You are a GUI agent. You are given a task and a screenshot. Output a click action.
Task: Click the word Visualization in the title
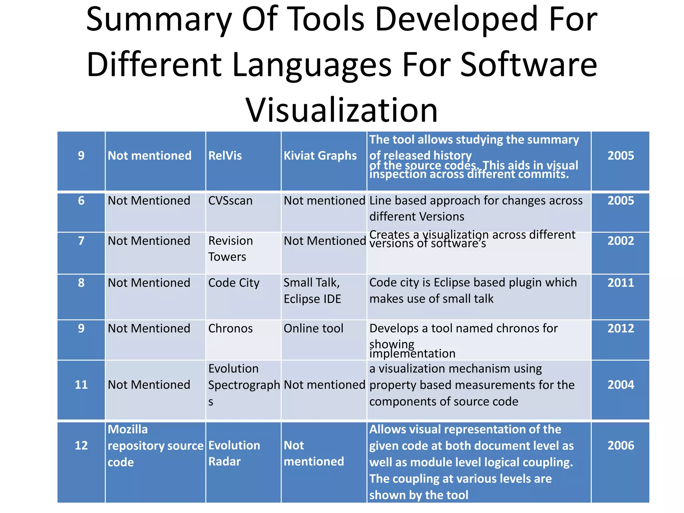click(x=341, y=110)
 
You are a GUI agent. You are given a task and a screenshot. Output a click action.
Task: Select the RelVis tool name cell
click(x=225, y=156)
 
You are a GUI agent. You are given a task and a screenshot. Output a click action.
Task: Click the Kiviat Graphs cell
click(x=320, y=156)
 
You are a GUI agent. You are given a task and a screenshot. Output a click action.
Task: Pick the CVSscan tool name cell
click(x=230, y=201)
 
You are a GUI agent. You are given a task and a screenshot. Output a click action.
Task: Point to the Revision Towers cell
click(x=230, y=249)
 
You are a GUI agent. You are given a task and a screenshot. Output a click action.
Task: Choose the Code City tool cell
click(x=234, y=283)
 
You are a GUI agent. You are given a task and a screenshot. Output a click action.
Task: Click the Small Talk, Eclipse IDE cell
click(x=312, y=291)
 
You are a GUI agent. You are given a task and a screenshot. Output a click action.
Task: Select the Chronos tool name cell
click(x=230, y=328)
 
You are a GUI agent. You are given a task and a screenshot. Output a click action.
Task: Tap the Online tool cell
click(x=313, y=328)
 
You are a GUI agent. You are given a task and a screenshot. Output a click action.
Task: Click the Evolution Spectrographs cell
click(x=243, y=385)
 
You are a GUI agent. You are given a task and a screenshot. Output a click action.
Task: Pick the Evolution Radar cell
click(x=234, y=453)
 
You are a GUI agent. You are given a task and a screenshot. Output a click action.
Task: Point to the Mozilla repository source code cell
click(x=155, y=446)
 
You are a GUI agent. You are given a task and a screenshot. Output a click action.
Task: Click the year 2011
click(x=621, y=283)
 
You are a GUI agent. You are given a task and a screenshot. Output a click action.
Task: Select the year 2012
click(x=621, y=328)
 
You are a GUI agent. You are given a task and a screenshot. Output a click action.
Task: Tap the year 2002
click(x=621, y=241)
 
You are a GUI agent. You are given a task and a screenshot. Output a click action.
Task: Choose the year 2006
click(x=621, y=446)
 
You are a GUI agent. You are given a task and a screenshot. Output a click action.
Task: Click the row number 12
click(x=81, y=446)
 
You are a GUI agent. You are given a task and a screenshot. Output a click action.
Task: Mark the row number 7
click(x=81, y=241)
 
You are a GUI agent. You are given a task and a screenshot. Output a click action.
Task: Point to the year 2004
click(x=621, y=385)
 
